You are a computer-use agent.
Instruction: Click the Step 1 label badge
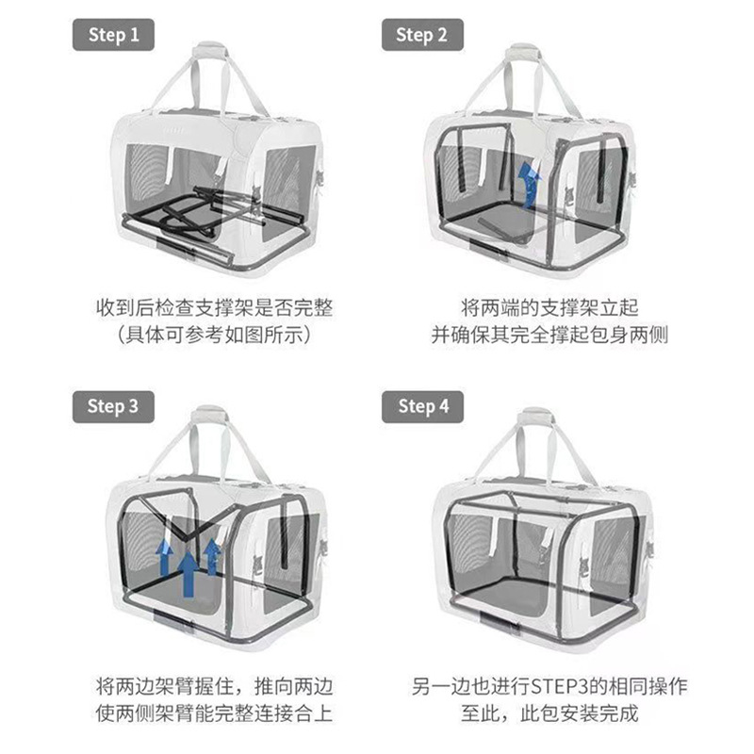[x=113, y=35]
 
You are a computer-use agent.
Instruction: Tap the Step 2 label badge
[x=422, y=35]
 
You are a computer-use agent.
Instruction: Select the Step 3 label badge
[x=113, y=407]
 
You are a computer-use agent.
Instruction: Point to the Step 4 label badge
[x=422, y=407]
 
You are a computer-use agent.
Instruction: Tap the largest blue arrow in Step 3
[x=188, y=574]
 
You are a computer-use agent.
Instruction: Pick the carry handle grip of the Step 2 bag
[x=523, y=52]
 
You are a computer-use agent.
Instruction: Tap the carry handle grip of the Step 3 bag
[x=208, y=414]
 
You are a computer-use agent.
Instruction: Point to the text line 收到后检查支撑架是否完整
[x=215, y=307]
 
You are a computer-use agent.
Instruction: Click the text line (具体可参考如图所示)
[x=215, y=335]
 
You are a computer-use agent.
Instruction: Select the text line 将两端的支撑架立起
[x=549, y=307]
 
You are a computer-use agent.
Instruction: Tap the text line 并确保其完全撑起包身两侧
[x=549, y=335]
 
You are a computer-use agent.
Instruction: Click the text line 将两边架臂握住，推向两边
[x=215, y=686]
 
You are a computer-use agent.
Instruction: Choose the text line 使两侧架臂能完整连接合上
[x=215, y=713]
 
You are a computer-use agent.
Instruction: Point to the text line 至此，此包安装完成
[x=549, y=713]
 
